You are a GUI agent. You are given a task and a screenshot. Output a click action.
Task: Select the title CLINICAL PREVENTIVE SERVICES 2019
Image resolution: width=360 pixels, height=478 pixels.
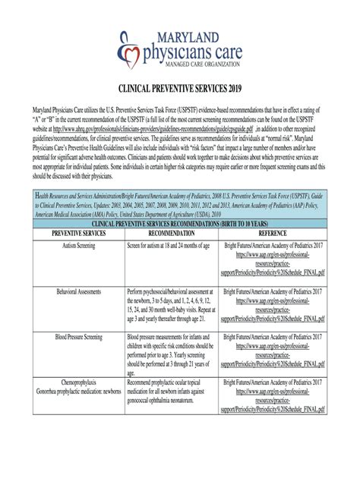180,89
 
